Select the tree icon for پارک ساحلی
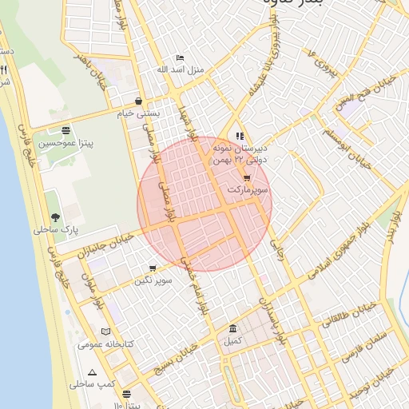coord(55,217)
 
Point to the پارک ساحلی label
coord(52,230)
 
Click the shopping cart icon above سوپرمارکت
coord(247,178)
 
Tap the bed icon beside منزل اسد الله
coord(180,58)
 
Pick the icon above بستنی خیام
coord(140,101)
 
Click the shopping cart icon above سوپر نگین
coord(153,268)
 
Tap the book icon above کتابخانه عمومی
coord(107,332)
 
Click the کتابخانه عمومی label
coord(100,344)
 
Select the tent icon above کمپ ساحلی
coord(93,372)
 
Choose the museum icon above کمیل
coord(232,329)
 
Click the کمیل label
coord(232,341)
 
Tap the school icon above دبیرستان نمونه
coord(240,136)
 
